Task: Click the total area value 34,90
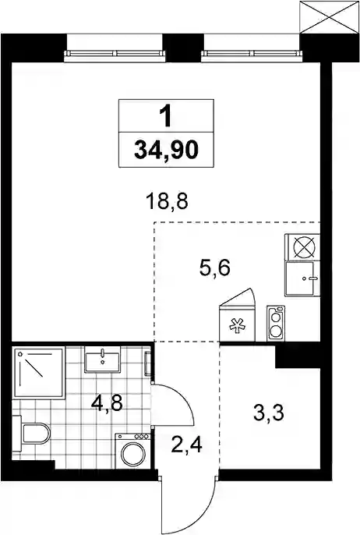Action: point(166,150)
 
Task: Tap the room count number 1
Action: point(167,116)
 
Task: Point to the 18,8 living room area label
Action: point(167,201)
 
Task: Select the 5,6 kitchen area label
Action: point(215,267)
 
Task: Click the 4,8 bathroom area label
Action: point(107,403)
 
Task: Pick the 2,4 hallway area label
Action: point(186,445)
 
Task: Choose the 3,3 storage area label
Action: point(269,413)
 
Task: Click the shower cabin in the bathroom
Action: point(38,373)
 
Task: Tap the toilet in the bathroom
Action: point(31,434)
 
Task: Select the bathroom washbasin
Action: point(102,360)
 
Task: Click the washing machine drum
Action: point(133,454)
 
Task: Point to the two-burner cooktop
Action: point(276,323)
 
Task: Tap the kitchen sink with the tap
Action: point(302,278)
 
